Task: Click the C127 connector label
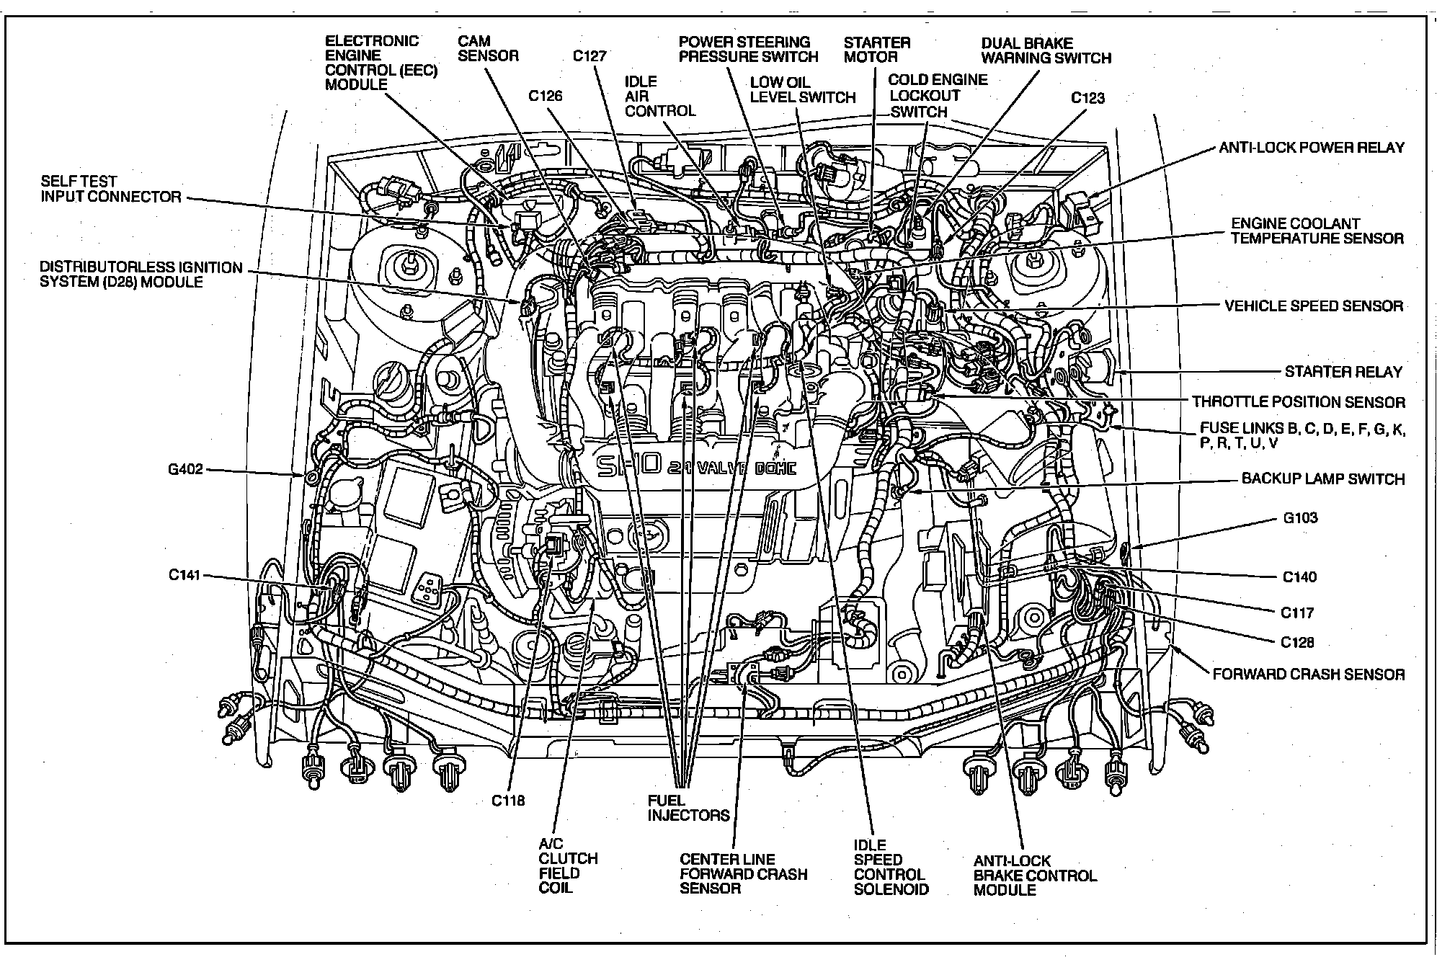(x=589, y=56)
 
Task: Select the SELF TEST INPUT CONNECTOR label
(x=110, y=189)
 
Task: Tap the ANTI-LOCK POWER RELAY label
(x=1311, y=148)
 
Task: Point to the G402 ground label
(x=186, y=470)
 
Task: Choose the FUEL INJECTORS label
(x=688, y=808)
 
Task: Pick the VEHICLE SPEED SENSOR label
(x=1313, y=306)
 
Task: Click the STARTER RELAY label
(x=1343, y=372)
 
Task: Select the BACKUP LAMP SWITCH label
(x=1322, y=478)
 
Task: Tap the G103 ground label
(x=1300, y=517)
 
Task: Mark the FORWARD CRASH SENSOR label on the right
(x=1308, y=675)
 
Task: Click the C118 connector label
(x=508, y=800)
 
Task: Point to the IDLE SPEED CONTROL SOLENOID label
(x=891, y=867)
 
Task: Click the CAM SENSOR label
(x=488, y=49)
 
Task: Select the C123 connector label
(x=1087, y=98)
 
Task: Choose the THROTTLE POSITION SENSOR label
(x=1298, y=402)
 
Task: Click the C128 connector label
(x=1296, y=642)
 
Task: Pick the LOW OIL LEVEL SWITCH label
(x=802, y=90)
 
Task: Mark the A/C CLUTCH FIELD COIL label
(x=568, y=865)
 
